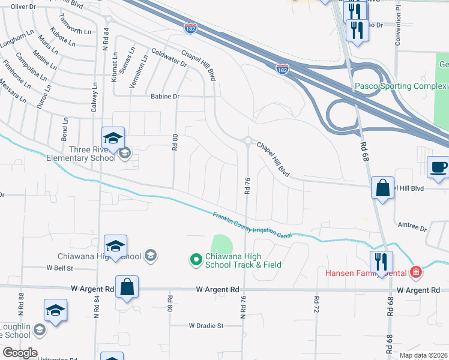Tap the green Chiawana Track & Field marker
coord(195,260)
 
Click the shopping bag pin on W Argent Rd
coord(127,288)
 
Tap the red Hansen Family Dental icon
coord(416,272)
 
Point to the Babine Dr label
coord(164,96)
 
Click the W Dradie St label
coord(205,326)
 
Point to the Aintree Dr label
coord(412,229)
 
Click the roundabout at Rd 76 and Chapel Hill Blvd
coord(247,141)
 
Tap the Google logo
coord(20,353)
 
